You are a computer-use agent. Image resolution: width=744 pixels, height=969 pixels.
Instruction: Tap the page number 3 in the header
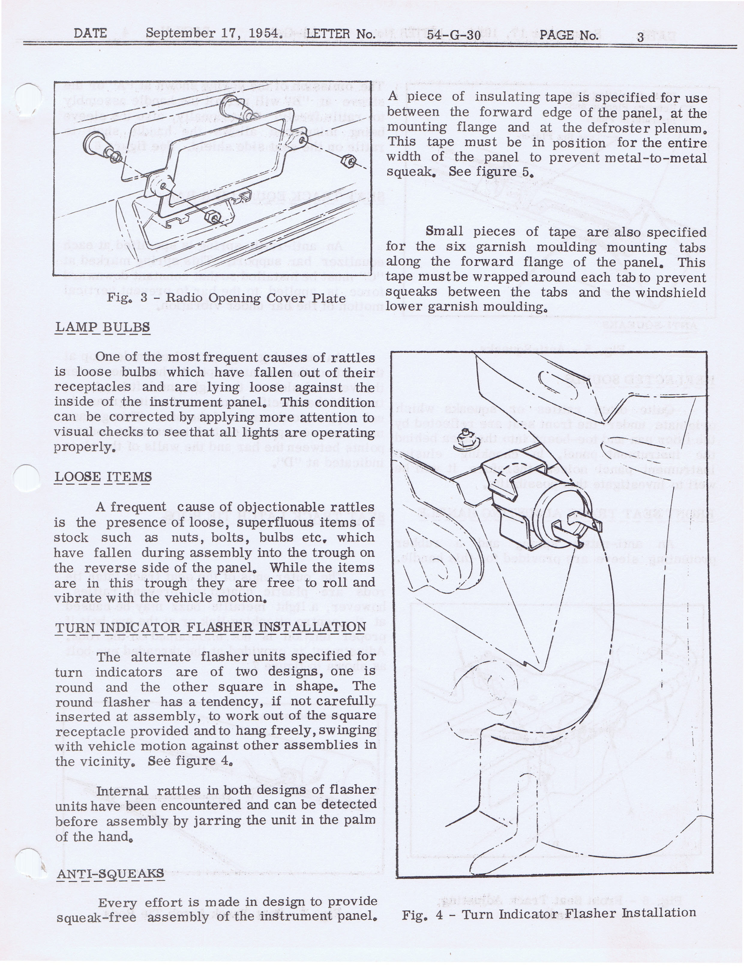(x=640, y=37)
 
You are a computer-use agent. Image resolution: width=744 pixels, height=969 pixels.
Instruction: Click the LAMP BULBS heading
(x=102, y=327)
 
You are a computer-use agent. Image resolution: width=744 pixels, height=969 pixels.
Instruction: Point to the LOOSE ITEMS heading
(x=103, y=477)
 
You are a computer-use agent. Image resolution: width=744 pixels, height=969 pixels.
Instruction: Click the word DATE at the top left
(x=90, y=33)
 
